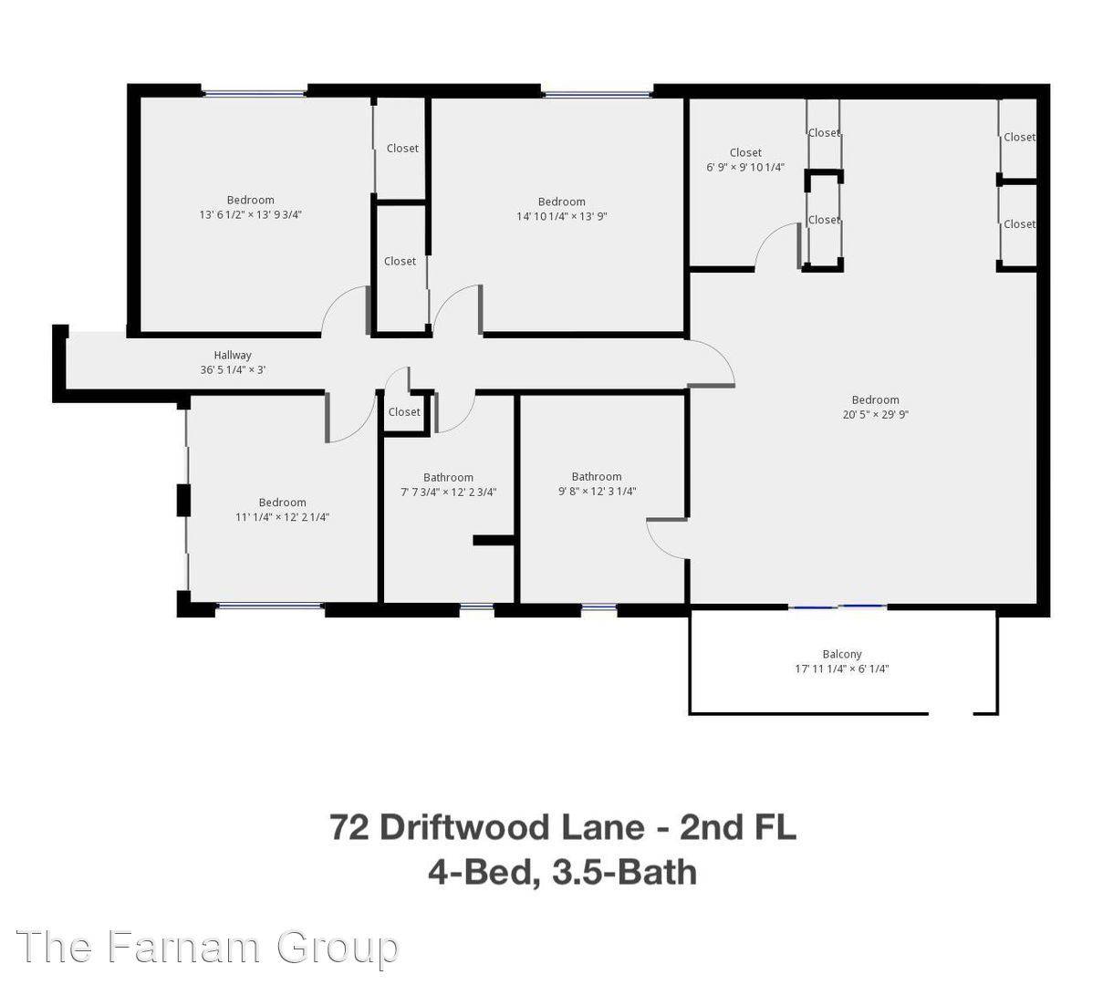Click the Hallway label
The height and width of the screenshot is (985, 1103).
233,355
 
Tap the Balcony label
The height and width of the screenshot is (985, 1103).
841,654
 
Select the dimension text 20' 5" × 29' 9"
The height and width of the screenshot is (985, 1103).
875,414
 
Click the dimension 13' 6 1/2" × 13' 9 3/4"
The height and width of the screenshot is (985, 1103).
250,215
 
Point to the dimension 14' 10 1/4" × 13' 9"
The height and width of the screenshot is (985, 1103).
561,217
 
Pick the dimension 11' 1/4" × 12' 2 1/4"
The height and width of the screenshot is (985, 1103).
282,517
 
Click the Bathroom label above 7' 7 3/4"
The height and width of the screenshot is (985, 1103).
448,477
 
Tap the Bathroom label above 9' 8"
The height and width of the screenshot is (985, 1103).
597,476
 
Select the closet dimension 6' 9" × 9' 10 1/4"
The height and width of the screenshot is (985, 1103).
745,168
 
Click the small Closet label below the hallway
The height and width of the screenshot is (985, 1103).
404,412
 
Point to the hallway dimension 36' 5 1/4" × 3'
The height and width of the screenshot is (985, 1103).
233,370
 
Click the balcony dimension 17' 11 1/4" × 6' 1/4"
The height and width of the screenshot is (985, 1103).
841,669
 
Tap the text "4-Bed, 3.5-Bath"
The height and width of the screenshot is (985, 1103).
562,872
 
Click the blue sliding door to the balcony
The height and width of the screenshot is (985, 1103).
838,606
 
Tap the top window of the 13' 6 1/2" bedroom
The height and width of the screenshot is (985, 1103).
254,92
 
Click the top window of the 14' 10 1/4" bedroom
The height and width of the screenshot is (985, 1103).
598,92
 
